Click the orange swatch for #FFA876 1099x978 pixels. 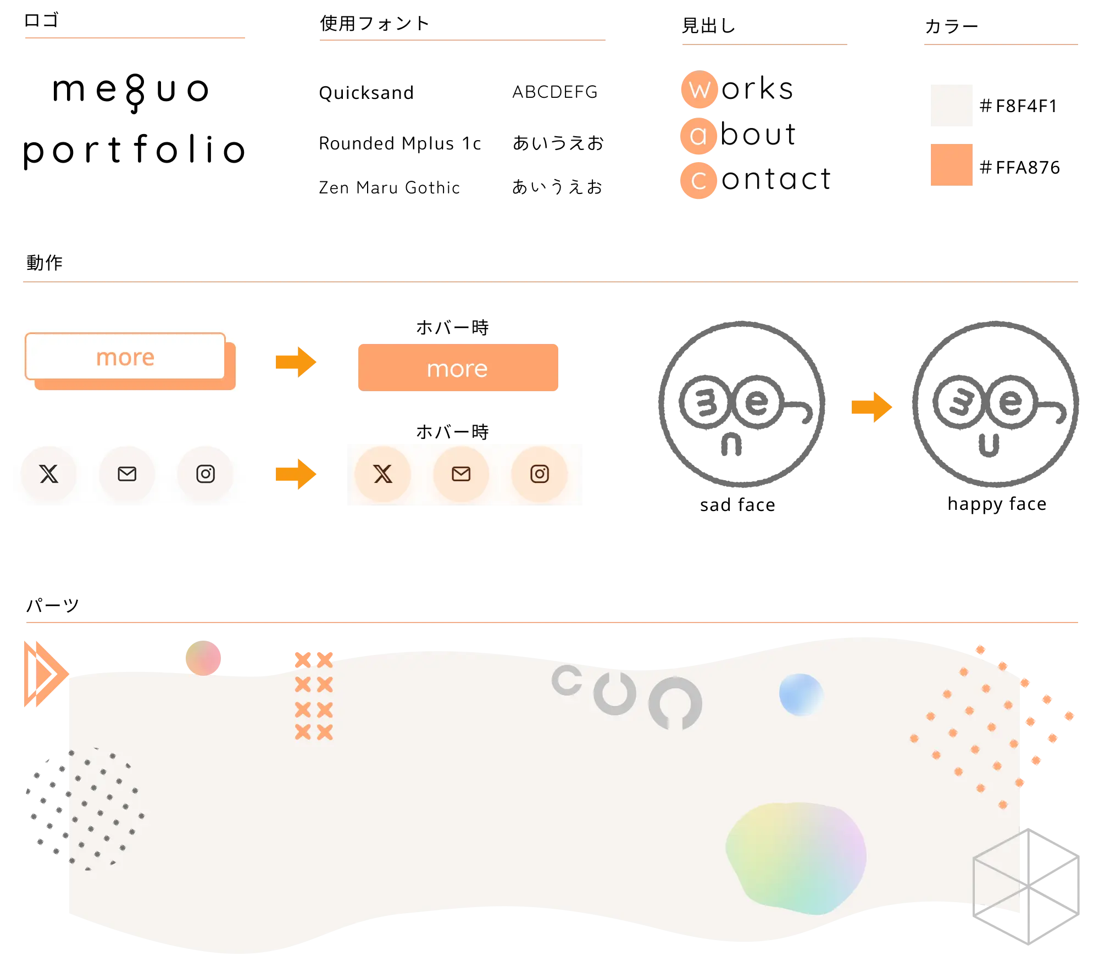[951, 165]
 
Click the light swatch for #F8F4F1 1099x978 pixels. [951, 105]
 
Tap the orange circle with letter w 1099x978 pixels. [700, 89]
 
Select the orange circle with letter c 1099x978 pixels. [698, 180]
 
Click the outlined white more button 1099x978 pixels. [125, 357]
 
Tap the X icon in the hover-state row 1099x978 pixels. [383, 474]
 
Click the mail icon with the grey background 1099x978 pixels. [127, 474]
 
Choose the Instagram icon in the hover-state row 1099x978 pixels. [540, 474]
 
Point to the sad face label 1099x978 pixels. [737, 504]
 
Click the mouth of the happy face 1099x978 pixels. [989, 446]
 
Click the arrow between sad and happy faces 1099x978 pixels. [872, 407]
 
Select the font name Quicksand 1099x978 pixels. [366, 93]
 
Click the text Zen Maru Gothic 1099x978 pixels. [389, 187]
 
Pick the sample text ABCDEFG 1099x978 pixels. [555, 92]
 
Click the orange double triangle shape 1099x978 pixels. [46, 674]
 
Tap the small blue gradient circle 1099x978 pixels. [801, 695]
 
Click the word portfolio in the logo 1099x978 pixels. [134, 150]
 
